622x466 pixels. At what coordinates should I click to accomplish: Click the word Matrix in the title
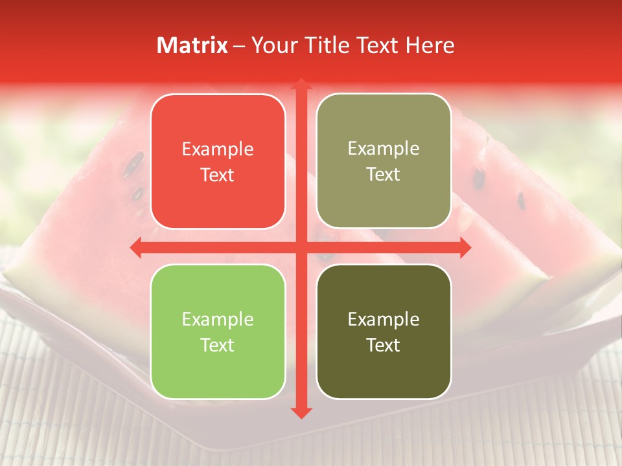coord(192,45)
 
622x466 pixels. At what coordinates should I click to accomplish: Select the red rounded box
coord(218,161)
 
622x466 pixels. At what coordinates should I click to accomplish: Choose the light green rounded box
coord(218,331)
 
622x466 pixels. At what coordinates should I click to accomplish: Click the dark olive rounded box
coord(384,331)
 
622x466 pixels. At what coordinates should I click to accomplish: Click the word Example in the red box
coord(218,150)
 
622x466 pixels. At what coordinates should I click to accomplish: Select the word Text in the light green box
coord(218,345)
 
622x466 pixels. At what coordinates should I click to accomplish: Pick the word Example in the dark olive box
coord(384,319)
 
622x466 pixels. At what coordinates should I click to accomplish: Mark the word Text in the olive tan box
coord(384,174)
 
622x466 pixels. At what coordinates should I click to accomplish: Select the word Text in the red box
coord(218,175)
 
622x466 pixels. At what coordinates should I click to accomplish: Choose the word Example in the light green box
coord(218,319)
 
